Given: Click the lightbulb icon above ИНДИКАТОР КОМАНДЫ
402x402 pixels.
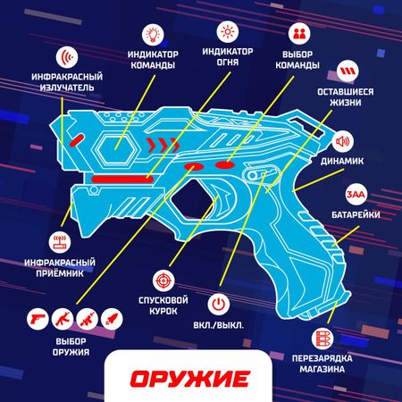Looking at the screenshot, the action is (153, 34).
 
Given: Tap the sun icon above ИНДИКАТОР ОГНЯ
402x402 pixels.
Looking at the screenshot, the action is (228, 31).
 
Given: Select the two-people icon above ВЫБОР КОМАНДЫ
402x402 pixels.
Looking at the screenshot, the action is (299, 34).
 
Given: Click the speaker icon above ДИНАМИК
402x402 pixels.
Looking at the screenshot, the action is (343, 141).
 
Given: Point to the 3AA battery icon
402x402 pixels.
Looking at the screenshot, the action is (356, 194).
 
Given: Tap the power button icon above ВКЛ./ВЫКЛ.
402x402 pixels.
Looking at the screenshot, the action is (219, 305).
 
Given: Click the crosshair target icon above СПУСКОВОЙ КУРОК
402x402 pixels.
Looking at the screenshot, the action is (163, 281).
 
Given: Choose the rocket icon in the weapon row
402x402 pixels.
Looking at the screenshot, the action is (112, 319).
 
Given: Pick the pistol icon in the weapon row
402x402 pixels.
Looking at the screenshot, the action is (38, 319).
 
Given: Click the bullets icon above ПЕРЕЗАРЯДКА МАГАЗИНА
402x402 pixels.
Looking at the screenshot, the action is (322, 339).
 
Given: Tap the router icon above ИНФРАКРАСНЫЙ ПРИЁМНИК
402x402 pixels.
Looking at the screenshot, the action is (60, 242).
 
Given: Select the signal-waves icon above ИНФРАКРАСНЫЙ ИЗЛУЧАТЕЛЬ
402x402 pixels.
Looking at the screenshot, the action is (67, 56).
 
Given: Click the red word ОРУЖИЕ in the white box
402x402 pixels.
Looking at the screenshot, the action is (189, 379).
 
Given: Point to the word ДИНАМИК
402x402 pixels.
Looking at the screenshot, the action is (342, 162).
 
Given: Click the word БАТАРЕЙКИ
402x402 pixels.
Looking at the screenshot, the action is (356, 214).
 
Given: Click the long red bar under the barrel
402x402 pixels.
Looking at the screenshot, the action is (122, 179).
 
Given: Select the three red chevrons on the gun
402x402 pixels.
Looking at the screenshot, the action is (163, 145).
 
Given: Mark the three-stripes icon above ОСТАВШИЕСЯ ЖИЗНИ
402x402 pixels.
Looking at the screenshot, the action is (348, 71).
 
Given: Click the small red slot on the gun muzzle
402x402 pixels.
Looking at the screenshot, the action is (77, 140).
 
